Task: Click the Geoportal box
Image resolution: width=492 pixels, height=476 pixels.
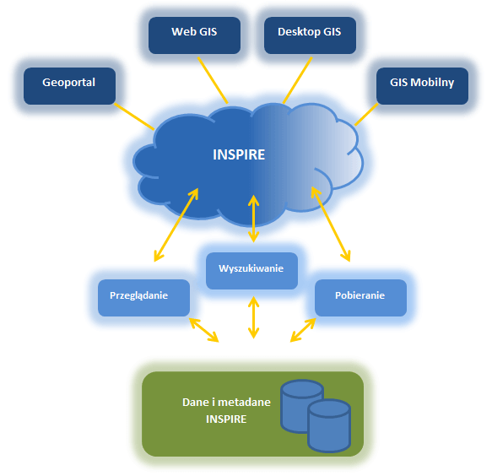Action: pyautogui.click(x=70, y=86)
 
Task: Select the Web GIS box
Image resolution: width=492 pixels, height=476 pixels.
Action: pyautogui.click(x=195, y=35)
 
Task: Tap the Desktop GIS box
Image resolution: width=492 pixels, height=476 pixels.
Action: pyautogui.click(x=310, y=35)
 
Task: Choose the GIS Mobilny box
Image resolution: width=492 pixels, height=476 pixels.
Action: pyautogui.click(x=422, y=86)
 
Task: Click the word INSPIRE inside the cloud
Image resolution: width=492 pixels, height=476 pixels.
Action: pyautogui.click(x=239, y=154)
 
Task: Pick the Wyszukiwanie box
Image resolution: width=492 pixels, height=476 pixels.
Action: pyautogui.click(x=251, y=271)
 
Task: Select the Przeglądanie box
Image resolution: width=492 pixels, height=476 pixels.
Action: pyautogui.click(x=143, y=298)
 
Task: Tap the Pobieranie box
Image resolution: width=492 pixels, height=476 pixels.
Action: pyautogui.click(x=361, y=298)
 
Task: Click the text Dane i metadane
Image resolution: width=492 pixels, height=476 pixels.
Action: pyautogui.click(x=226, y=403)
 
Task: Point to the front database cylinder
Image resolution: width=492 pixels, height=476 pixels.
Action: pyautogui.click(x=329, y=426)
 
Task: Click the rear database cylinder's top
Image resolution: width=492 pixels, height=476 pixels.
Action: pyautogui.click(x=302, y=388)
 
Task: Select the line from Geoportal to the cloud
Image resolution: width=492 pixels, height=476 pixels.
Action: pyautogui.click(x=134, y=116)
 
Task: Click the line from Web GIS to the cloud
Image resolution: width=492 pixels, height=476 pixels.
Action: pyautogui.click(x=213, y=80)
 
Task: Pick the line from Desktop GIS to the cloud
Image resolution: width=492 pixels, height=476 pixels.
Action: pyautogui.click(x=297, y=80)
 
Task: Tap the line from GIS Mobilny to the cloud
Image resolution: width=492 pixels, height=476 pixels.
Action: pyautogui.click(x=366, y=115)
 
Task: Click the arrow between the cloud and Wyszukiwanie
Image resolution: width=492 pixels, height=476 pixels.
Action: pyautogui.click(x=253, y=219)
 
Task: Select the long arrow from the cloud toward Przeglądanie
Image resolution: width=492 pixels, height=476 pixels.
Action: pyautogui.click(x=176, y=224)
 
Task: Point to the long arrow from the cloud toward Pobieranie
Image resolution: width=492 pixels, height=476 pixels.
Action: pyautogui.click(x=331, y=224)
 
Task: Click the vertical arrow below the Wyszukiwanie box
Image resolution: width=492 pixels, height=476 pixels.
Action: pyautogui.click(x=253, y=317)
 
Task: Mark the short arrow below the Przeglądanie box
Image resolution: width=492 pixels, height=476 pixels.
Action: pyautogui.click(x=204, y=330)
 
